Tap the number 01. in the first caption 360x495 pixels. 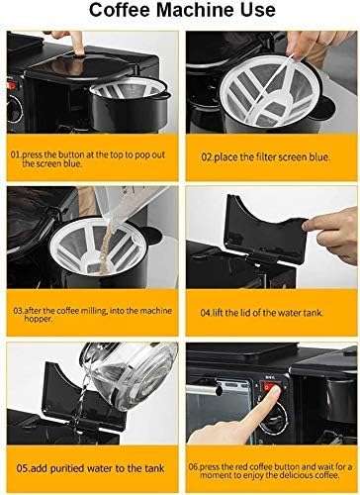tap(18, 156)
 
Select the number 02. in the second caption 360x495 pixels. tap(209, 156)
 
